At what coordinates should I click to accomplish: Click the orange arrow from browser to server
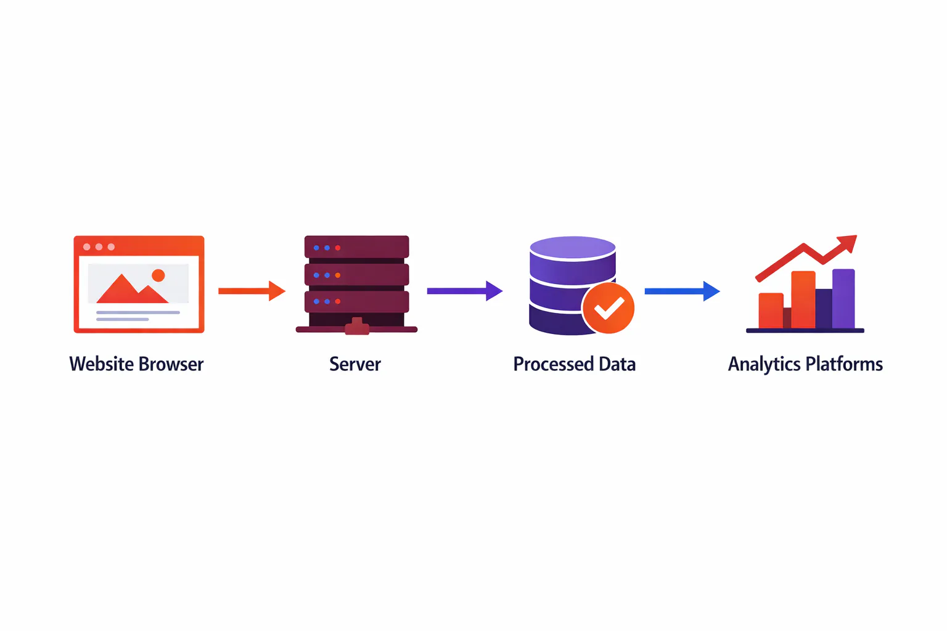[x=252, y=291]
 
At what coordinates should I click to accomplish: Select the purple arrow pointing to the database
[x=465, y=291]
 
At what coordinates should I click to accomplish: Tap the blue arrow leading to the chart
[x=682, y=291]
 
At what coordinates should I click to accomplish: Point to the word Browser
[x=171, y=364]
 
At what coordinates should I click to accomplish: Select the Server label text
[x=355, y=364]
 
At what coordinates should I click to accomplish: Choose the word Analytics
[x=765, y=364]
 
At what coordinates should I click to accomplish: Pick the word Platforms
[x=844, y=364]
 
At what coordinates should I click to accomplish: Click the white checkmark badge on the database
[x=608, y=307]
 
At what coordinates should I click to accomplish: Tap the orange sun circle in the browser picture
[x=158, y=275]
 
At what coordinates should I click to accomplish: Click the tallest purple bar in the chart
[x=843, y=298]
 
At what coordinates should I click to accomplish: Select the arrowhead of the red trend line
[x=847, y=244]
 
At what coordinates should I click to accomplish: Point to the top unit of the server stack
[x=357, y=246]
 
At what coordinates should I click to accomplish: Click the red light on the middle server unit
[x=338, y=275]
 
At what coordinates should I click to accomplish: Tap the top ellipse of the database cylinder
[x=573, y=247]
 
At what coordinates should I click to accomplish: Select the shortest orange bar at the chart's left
[x=771, y=311]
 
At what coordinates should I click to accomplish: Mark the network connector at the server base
[x=357, y=326]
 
